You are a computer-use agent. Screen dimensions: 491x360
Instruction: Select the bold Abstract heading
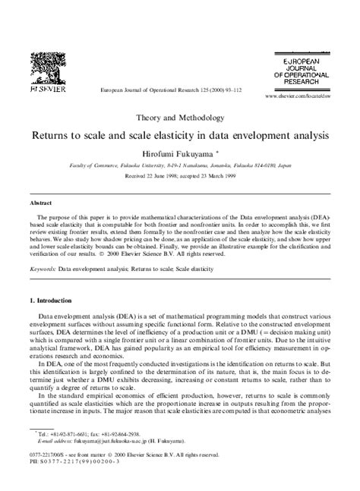click(x=41, y=203)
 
